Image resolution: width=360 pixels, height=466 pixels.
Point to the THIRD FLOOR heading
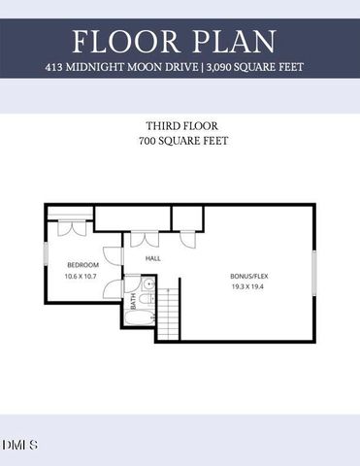point(180,126)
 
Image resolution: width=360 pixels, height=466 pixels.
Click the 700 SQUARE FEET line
point(180,142)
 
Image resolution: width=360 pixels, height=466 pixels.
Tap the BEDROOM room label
point(82,265)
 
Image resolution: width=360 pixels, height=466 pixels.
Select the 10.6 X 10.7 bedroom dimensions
point(82,277)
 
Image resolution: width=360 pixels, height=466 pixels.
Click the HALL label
point(152,259)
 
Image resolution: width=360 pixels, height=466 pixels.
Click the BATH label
point(134,302)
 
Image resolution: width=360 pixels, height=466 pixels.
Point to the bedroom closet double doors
point(70,230)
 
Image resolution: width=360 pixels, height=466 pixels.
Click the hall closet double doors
point(144,239)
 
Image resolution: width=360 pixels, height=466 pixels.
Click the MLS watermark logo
point(19,446)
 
